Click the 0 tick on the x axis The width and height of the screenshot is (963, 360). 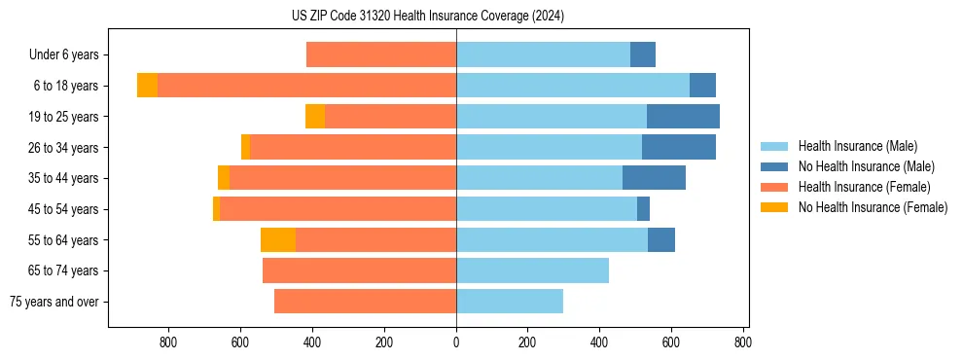point(456,342)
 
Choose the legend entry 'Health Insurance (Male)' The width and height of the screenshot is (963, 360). point(857,146)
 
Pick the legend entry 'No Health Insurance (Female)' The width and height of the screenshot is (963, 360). point(873,207)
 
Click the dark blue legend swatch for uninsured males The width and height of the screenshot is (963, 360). point(774,166)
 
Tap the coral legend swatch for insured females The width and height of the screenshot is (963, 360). point(774,187)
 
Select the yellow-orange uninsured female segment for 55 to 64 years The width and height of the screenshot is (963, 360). point(278,240)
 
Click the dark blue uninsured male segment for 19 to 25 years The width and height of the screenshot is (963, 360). point(683,117)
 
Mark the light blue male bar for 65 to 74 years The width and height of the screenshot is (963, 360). point(532,270)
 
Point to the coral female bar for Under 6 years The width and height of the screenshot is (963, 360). point(381,55)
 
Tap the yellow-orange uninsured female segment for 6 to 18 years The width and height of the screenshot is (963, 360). point(147,86)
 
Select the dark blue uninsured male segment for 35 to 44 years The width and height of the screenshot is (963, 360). point(654,178)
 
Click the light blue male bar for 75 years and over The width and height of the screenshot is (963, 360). point(510,302)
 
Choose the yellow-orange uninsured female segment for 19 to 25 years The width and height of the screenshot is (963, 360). point(315,117)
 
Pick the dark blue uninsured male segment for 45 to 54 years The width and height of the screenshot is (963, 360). point(643,209)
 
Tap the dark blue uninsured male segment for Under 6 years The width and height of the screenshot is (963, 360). point(643,55)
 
